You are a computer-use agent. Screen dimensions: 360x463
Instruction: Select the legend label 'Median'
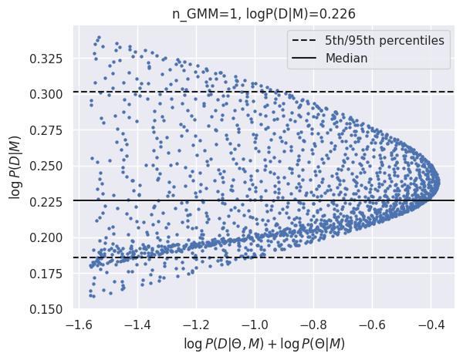pyautogui.click(x=346, y=58)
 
